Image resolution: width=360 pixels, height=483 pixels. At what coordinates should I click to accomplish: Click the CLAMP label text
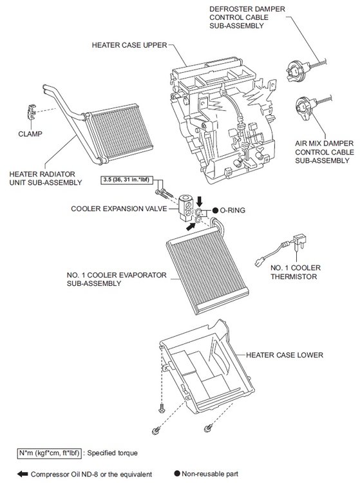(30, 134)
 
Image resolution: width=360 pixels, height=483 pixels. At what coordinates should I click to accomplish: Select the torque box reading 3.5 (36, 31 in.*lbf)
(127, 180)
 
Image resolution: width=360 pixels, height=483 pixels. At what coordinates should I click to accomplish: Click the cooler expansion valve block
(185, 207)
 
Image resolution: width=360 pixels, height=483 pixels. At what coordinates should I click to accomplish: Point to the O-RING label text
(232, 211)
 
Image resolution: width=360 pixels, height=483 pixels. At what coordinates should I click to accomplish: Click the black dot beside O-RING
(215, 211)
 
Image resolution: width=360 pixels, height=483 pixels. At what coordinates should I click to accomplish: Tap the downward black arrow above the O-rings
(200, 201)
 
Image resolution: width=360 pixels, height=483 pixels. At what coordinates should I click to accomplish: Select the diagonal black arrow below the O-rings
(191, 227)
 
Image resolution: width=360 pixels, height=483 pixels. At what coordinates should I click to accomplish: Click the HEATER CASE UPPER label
(129, 45)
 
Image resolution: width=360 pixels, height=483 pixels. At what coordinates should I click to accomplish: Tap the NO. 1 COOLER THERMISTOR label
(296, 272)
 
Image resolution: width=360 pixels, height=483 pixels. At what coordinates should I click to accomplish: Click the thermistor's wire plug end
(259, 263)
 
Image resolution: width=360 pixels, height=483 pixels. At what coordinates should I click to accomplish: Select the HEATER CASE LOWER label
(285, 355)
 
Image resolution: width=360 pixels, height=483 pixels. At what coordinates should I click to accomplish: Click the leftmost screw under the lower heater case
(156, 430)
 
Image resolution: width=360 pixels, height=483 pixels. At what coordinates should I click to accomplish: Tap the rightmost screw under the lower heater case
(208, 428)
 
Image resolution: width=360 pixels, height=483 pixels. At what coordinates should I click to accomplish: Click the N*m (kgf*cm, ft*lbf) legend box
(50, 453)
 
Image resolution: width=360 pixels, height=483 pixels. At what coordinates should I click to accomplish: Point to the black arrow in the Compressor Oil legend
(23, 474)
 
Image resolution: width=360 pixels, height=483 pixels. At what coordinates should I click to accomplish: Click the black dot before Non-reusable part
(177, 473)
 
